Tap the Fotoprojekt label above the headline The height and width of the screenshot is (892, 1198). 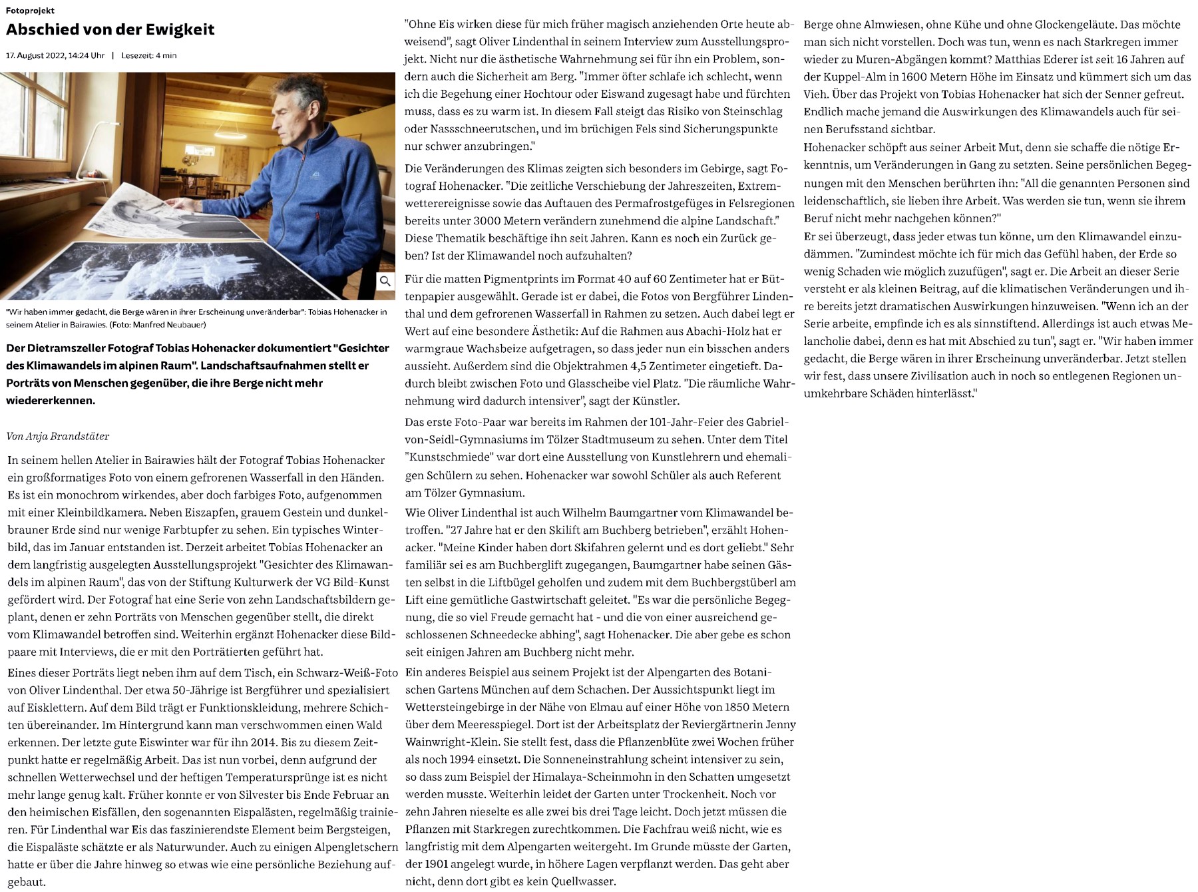(31, 11)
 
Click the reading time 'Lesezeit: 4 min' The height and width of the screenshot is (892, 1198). (149, 55)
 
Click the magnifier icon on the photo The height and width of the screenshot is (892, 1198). (385, 281)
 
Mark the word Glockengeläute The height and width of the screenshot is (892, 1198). (1074, 25)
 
